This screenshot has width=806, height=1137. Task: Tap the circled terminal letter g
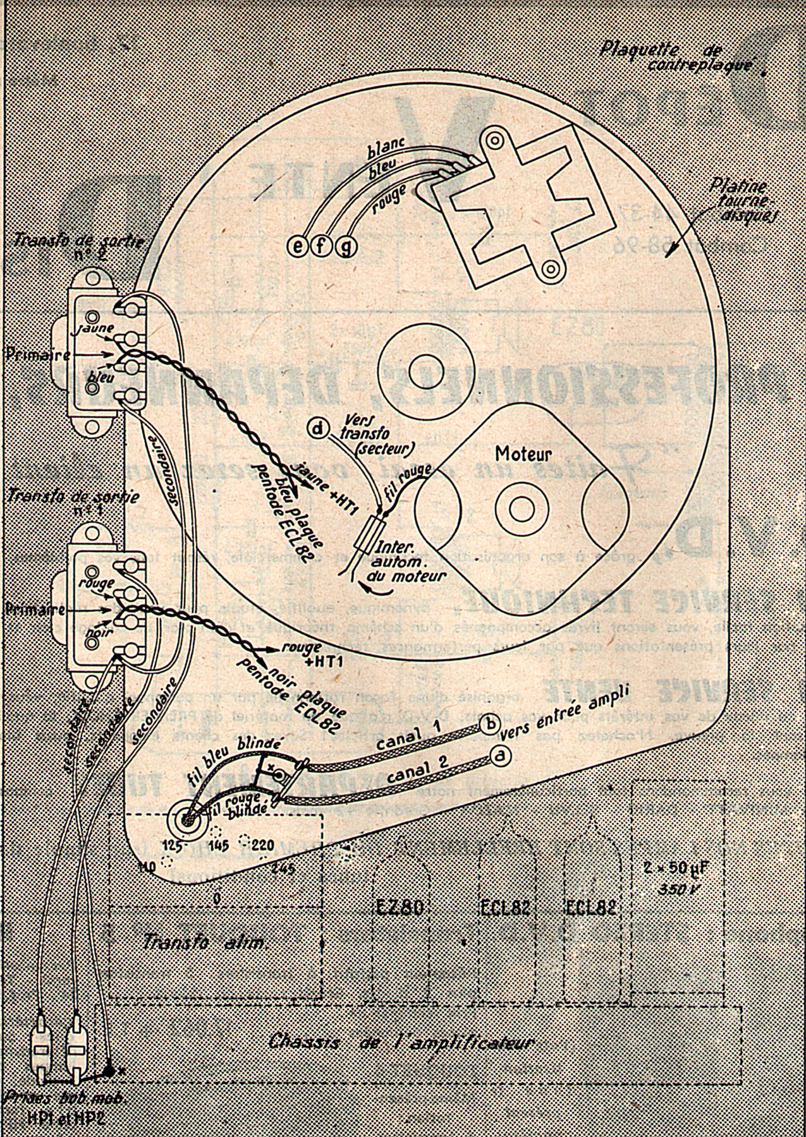pyautogui.click(x=346, y=244)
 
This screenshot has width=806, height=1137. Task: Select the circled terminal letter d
pyautogui.click(x=318, y=429)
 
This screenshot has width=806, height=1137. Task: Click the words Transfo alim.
pyautogui.click(x=205, y=941)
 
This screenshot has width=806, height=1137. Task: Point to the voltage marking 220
pyautogui.click(x=262, y=845)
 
